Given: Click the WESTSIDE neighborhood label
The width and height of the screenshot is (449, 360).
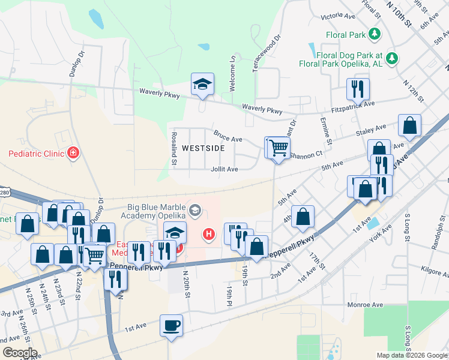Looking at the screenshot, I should coord(203,148).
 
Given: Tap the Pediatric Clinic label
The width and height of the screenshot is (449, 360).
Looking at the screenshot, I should coord(35,154).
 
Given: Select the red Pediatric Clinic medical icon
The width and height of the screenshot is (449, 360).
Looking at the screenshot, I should coord(73,153).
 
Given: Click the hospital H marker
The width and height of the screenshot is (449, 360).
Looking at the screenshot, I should coord(208,233).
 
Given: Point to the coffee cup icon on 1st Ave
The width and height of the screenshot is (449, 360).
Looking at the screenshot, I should coord(171,326).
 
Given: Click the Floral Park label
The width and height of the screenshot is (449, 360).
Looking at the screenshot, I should coord(346,35).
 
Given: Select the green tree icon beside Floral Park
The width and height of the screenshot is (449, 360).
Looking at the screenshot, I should coord(375,34).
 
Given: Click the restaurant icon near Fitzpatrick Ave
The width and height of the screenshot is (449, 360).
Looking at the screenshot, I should coord(358,89).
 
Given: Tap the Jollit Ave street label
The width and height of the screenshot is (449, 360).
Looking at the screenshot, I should coord(224,169).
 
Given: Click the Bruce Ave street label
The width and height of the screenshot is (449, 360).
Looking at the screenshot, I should coord(228,136).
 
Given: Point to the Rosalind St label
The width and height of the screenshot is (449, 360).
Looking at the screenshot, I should coord(174,149).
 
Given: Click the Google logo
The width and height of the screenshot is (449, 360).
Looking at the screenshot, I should coord(19,353).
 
